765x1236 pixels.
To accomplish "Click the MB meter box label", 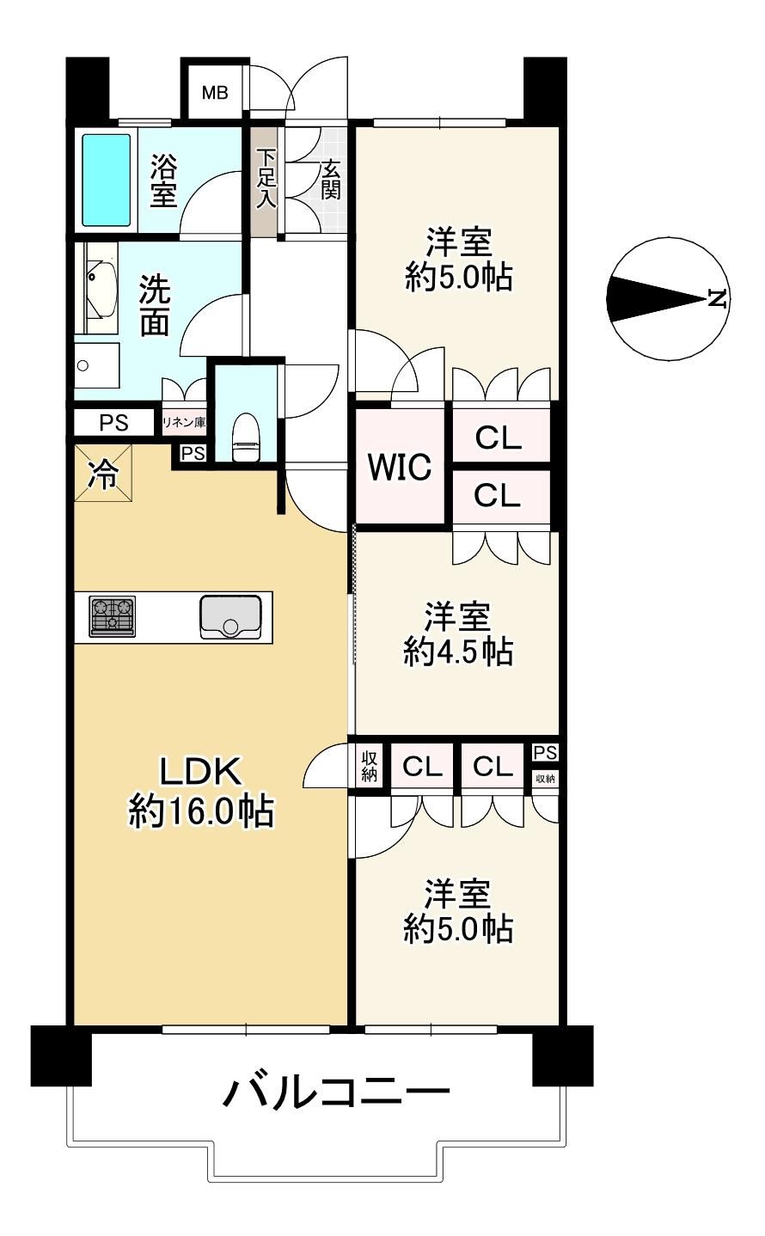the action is (x=215, y=93).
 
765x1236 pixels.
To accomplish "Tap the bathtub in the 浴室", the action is (x=107, y=180).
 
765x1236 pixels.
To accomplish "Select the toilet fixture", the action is (x=246, y=437).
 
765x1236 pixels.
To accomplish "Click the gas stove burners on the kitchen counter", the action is (x=113, y=616).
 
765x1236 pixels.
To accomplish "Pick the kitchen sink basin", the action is (x=230, y=617).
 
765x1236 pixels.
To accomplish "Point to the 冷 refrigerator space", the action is (x=103, y=474).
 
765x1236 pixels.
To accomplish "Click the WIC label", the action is (x=400, y=468).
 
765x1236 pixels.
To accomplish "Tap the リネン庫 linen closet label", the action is (x=184, y=423).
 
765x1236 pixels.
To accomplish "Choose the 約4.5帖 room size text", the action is (x=458, y=652).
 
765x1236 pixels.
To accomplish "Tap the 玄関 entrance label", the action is (x=331, y=180).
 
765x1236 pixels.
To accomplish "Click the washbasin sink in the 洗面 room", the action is (x=101, y=287).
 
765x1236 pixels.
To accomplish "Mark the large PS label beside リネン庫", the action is (x=113, y=423).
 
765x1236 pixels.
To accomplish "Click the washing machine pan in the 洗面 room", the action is (x=97, y=365).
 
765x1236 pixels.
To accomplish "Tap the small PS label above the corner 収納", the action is (x=545, y=752).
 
